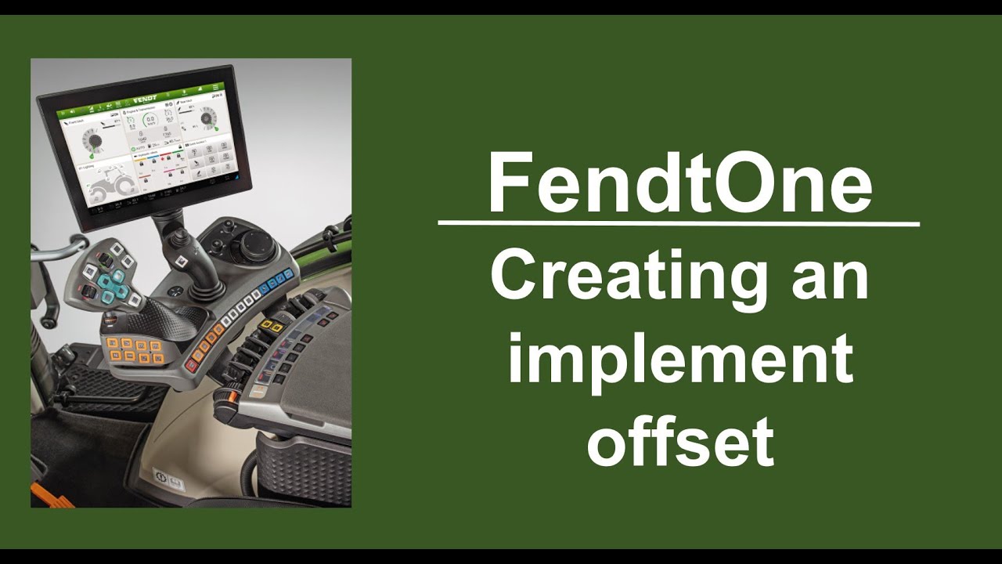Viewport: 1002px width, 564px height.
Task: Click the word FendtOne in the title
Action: pos(679,183)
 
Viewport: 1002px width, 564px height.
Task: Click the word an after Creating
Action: pos(830,278)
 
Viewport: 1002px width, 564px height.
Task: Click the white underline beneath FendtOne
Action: pos(679,223)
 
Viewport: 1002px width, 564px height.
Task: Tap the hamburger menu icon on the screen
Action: pos(216,87)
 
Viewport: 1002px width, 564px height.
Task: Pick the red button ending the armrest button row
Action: pos(191,365)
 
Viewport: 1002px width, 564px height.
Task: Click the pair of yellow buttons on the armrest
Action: pos(272,324)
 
